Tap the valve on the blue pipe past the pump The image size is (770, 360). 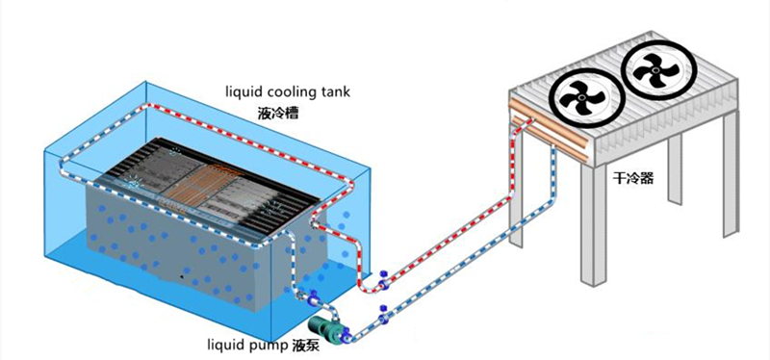[384, 315]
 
